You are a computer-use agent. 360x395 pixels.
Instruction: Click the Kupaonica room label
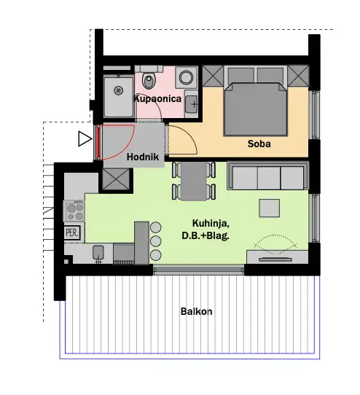click(157, 98)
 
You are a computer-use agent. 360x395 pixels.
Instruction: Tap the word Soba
click(259, 144)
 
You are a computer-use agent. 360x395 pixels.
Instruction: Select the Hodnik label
click(143, 157)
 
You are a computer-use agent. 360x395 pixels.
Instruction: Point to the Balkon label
click(196, 312)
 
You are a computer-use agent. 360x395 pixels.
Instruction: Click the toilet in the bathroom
click(149, 79)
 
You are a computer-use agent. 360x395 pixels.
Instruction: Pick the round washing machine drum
click(186, 77)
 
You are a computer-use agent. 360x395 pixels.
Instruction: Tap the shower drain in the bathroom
click(118, 90)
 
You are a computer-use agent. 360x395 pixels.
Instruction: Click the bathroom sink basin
click(192, 104)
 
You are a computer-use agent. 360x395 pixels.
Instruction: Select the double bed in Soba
click(256, 109)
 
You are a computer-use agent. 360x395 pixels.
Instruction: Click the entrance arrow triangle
click(85, 138)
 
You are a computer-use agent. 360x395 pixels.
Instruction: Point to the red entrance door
click(99, 142)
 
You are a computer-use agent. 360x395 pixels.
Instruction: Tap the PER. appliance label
click(72, 232)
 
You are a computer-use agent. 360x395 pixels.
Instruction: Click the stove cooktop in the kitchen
click(74, 211)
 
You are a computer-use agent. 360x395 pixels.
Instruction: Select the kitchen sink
click(98, 253)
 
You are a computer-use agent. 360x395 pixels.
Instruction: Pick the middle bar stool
click(155, 241)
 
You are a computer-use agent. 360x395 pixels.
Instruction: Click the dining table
click(194, 181)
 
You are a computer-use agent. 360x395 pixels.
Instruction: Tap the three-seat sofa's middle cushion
click(269, 178)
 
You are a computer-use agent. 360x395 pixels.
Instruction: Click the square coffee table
click(270, 208)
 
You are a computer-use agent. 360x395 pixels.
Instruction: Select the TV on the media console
click(275, 259)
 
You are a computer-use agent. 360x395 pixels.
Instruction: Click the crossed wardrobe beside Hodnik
click(116, 179)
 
